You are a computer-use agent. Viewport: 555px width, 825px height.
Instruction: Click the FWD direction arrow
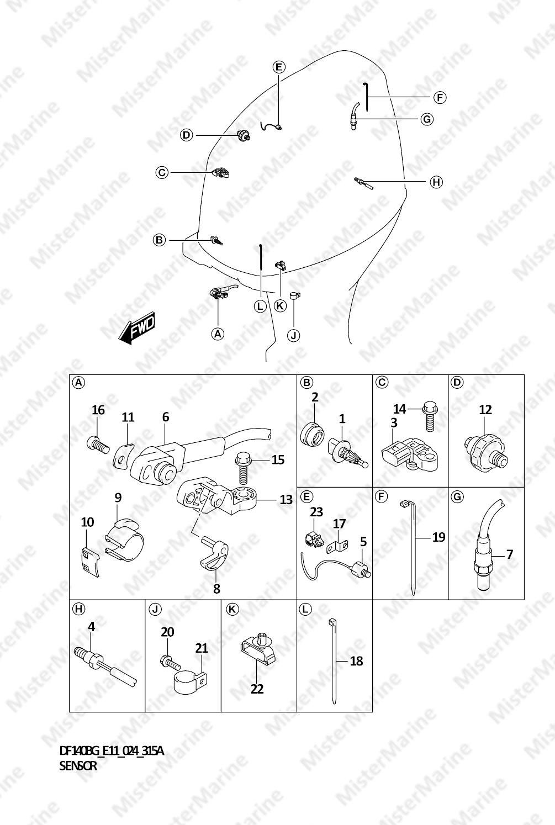coord(137,329)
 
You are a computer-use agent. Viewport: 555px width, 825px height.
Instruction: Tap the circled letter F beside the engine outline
coord(439,98)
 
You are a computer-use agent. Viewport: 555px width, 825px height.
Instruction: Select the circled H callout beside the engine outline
coord(436,182)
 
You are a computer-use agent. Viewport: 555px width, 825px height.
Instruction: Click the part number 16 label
coord(98,410)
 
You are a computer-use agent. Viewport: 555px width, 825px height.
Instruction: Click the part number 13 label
coord(286,500)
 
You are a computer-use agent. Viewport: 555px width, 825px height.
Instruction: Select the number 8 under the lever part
coord(216,589)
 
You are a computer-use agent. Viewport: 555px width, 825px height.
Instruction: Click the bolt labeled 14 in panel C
coord(430,416)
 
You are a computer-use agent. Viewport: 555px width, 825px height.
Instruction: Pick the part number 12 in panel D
coord(485,410)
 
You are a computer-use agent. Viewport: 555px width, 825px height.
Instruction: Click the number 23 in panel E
coord(316,512)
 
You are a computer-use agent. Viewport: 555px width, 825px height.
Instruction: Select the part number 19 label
coord(438,537)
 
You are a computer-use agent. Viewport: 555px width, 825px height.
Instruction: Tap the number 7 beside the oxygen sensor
coord(510,554)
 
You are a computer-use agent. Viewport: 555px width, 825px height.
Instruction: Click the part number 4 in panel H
coord(91,627)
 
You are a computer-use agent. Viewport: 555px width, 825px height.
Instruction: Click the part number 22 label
coord(257,689)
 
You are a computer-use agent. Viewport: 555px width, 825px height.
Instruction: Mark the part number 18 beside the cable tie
coord(356,661)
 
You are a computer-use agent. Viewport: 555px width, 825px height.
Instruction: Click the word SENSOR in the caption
coord(78,766)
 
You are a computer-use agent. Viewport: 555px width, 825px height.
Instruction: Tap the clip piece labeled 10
coord(89,562)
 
